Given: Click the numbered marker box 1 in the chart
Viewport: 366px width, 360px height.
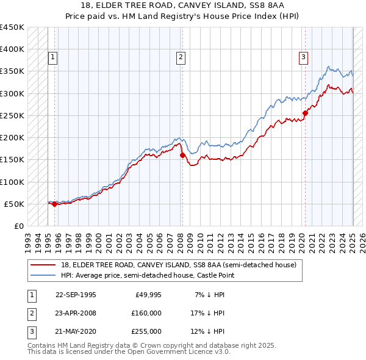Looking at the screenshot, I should pyautogui.click(x=53, y=58).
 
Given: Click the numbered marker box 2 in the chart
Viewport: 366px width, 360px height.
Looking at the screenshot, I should pyautogui.click(x=181, y=58).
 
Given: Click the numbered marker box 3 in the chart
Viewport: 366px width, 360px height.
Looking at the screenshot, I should pyautogui.click(x=303, y=58).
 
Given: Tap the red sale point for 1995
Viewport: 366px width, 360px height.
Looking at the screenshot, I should pyautogui.click(x=55, y=204).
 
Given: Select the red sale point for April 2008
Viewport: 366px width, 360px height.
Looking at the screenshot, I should pyautogui.click(x=182, y=156).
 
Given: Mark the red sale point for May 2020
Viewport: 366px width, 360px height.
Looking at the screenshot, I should pyautogui.click(x=306, y=113).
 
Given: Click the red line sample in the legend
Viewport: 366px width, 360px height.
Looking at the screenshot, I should pyautogui.click(x=43, y=265).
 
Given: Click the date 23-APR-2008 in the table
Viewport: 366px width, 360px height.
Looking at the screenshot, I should pyautogui.click(x=76, y=313).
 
